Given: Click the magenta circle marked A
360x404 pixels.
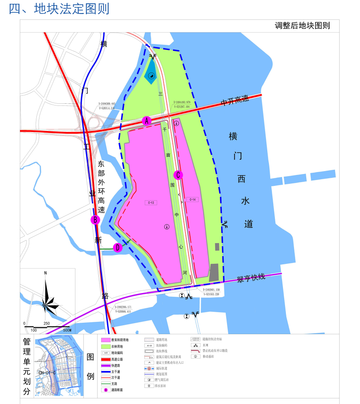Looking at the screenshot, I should click(x=147, y=121).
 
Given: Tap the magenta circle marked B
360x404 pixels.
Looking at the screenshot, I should click(x=96, y=219).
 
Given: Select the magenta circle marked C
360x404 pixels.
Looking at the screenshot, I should click(x=178, y=174).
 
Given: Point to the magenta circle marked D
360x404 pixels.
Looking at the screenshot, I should click(x=118, y=248).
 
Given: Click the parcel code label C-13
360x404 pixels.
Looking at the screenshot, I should click(x=151, y=203).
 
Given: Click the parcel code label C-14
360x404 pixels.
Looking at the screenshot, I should click(x=192, y=199).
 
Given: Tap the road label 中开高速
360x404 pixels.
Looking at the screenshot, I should click(x=234, y=101).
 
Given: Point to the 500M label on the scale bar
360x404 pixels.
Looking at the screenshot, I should click(x=67, y=330).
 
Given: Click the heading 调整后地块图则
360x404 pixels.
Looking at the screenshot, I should click(x=302, y=26).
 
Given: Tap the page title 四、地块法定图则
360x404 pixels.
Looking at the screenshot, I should click(x=59, y=8).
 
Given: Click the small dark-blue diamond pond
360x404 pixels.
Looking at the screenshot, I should click(x=150, y=75).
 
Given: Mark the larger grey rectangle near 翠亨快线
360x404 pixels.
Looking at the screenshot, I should click(x=214, y=272).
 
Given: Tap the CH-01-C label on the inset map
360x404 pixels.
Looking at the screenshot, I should click(x=47, y=373).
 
